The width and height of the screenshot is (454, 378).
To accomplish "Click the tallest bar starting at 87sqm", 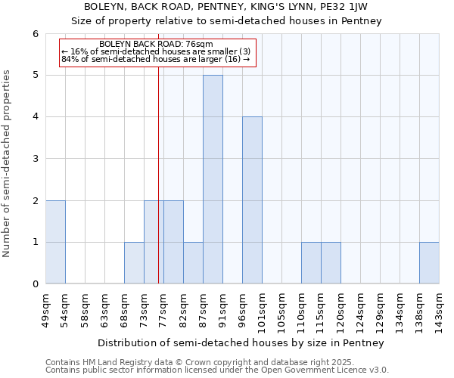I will (213, 179).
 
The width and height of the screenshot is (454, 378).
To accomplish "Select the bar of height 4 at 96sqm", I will (252, 200).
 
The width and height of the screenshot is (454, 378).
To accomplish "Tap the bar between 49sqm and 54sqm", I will (55, 242).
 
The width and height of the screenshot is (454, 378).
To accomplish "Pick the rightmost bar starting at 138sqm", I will (429, 263).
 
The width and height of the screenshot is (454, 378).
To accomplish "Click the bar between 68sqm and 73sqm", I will (134, 263).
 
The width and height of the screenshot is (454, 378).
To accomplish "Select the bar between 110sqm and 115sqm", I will (311, 263).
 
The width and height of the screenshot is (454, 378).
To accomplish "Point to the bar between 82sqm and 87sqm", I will (193, 263).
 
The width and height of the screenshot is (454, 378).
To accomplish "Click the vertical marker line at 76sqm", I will (158, 151).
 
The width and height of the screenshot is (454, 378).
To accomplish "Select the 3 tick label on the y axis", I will (35, 159).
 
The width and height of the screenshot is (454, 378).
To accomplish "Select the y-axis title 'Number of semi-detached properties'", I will (8, 163).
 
